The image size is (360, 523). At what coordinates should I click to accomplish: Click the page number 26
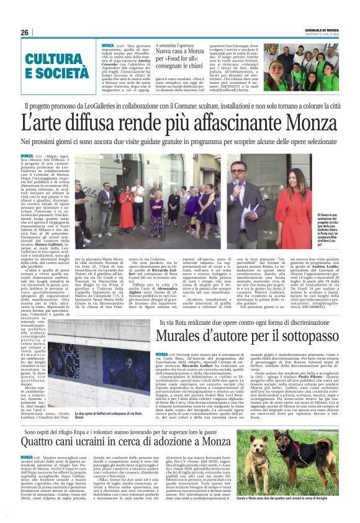click(x=25, y=32)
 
